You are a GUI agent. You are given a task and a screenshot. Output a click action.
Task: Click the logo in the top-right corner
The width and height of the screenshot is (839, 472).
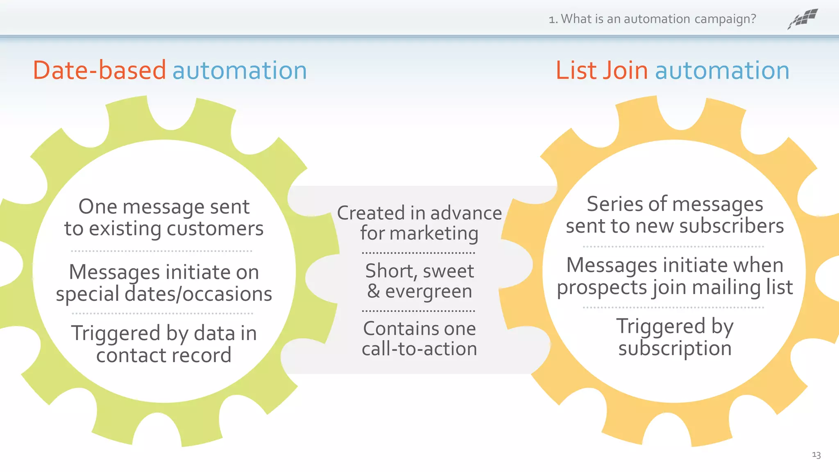point(803,19)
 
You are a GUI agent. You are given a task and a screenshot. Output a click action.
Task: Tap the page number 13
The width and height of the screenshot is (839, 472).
point(816,455)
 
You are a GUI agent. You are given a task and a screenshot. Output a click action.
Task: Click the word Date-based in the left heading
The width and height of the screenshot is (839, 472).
point(100,70)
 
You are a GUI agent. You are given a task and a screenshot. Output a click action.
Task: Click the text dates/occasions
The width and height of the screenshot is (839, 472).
point(198,294)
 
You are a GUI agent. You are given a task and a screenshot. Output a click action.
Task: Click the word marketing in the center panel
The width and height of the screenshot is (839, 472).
point(434,234)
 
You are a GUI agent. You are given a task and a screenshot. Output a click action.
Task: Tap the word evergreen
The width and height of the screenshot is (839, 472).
point(429,292)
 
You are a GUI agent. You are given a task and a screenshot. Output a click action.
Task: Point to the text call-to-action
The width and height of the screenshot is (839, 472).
point(419,349)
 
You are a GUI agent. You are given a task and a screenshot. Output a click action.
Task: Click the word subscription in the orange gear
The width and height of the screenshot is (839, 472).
point(675,349)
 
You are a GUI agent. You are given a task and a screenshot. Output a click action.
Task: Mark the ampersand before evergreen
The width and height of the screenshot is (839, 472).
point(373,291)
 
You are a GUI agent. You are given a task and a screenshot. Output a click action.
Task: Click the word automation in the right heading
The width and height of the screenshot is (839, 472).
point(722,70)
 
